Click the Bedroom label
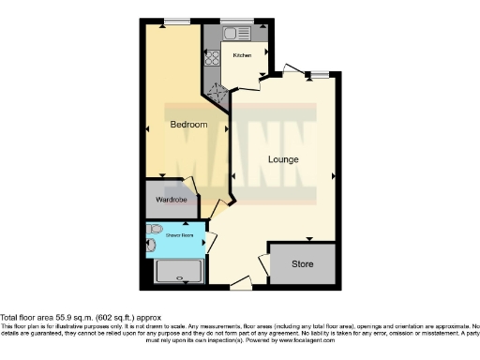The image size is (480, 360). (188, 125)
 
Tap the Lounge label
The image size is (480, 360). (283, 159)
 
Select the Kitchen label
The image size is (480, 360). (242, 56)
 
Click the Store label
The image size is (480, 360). (301, 263)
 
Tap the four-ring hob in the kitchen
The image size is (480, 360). (212, 58)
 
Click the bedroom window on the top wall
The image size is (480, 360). (174, 22)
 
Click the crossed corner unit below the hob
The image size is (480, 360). (217, 90)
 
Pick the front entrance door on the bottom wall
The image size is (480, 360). (240, 281)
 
